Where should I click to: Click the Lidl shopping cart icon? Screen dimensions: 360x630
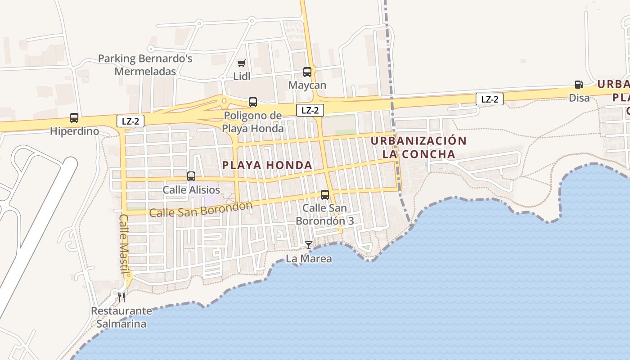242,63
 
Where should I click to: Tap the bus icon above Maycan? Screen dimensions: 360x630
307,72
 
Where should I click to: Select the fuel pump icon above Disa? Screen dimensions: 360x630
579,84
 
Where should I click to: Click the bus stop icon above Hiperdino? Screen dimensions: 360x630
74,118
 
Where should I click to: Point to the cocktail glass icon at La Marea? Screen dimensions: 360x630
309,245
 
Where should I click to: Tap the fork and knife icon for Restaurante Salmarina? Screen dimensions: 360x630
121,297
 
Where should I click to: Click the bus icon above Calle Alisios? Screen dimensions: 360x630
191,176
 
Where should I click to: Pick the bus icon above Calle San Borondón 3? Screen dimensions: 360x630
325,195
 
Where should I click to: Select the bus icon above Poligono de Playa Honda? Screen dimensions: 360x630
253,102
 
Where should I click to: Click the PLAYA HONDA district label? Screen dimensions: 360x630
267,165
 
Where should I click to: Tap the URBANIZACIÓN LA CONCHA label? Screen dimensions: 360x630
418,148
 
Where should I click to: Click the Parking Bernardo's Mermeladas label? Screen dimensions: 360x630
145,65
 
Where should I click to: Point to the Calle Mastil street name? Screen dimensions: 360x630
124,243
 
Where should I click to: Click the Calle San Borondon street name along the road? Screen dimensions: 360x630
201,210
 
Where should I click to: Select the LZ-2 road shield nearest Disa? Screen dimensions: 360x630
490,99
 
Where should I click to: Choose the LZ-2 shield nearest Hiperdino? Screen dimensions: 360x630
130,121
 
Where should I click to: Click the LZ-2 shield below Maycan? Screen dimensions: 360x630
310,110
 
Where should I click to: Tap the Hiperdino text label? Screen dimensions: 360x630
74,131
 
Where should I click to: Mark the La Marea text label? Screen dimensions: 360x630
309,259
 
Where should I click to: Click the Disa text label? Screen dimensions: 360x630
579,98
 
